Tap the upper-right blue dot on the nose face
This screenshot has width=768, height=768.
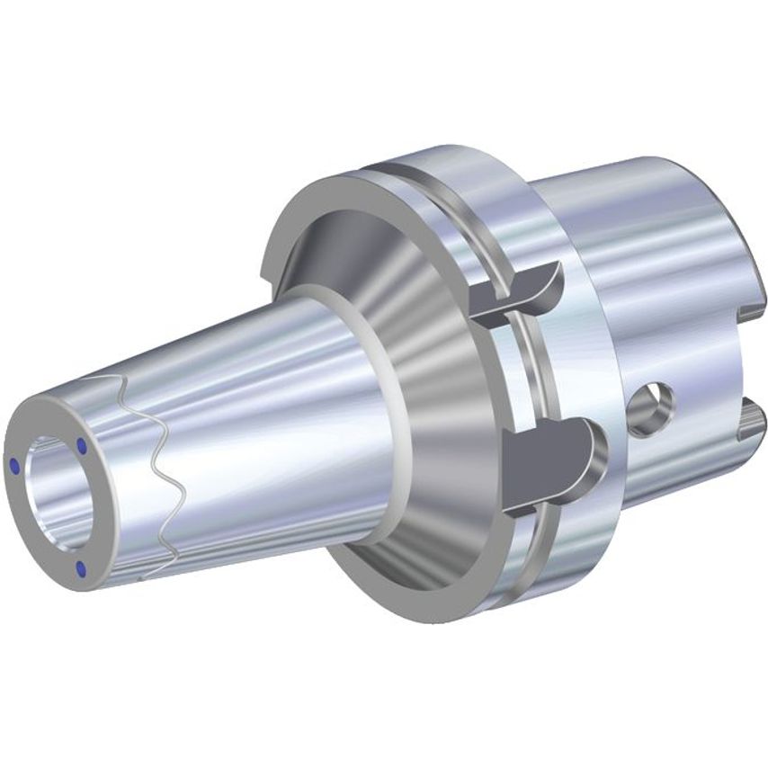82,445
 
